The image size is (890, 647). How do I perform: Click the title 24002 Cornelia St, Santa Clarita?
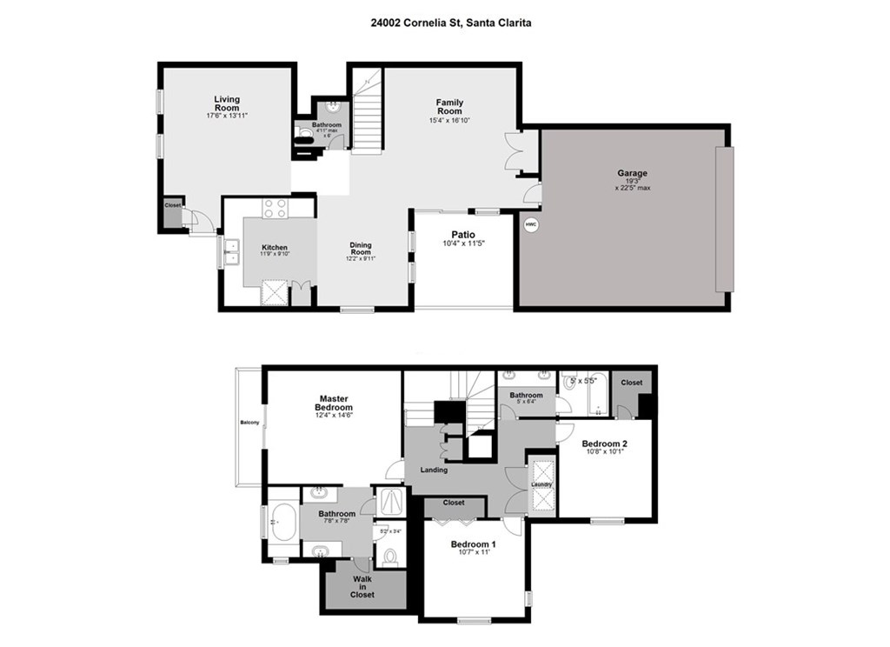[445, 23]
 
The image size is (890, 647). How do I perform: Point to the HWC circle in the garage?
[530, 225]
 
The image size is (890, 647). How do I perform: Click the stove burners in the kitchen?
[275, 209]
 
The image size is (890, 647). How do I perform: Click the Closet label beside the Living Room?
[173, 205]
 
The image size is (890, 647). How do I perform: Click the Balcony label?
[250, 424]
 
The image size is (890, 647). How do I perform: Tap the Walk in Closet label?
[362, 587]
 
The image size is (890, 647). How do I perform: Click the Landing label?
[434, 470]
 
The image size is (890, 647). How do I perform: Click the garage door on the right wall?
[725, 219]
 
